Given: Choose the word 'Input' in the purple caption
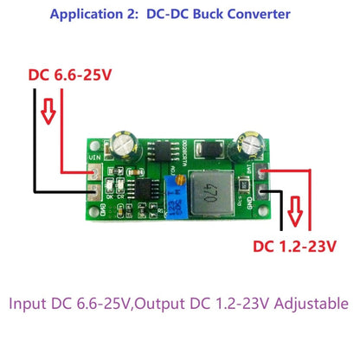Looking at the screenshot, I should point(30,304).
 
